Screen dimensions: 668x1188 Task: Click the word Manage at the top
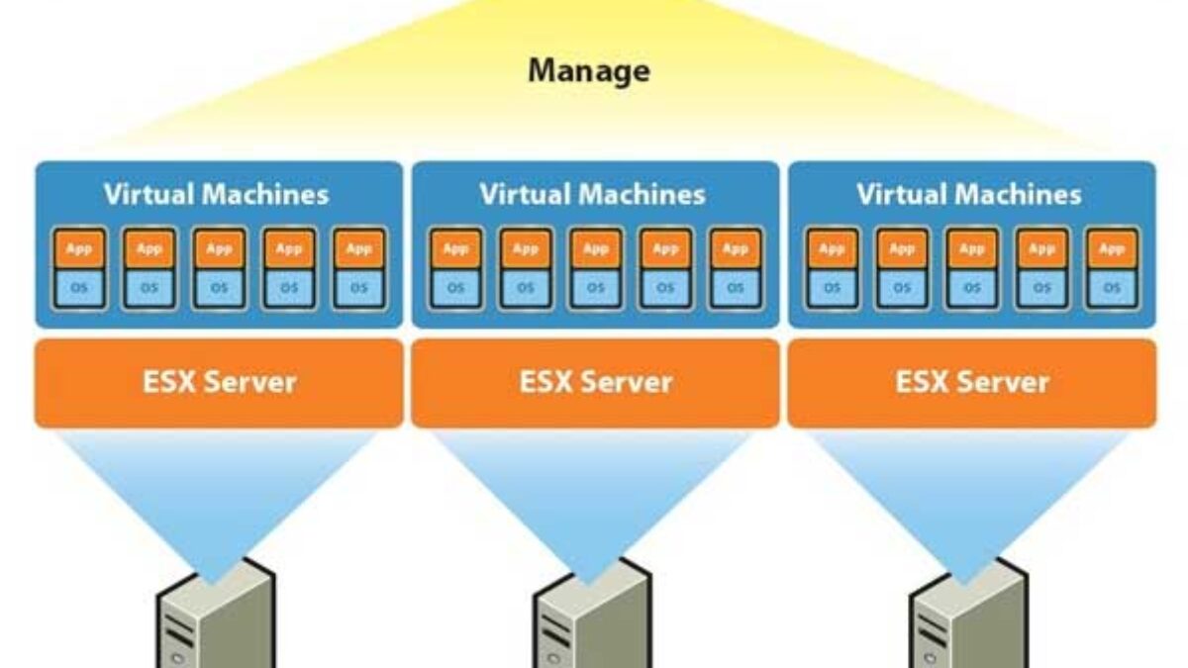tap(589, 71)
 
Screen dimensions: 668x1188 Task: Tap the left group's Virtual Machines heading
tap(216, 194)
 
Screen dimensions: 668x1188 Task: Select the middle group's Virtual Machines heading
tap(592, 194)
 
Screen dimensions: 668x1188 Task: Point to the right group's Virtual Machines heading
tap(969, 194)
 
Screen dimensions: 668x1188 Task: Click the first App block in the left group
tap(79, 249)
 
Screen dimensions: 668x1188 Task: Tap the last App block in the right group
tap(1112, 249)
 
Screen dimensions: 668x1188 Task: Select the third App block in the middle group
tap(596, 249)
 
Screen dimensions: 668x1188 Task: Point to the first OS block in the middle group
tap(456, 288)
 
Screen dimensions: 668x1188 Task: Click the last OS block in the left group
tap(358, 288)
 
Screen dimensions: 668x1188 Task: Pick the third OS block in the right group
tap(972, 288)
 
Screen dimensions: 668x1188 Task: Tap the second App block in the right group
tap(902, 249)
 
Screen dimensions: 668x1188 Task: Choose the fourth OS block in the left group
tap(289, 288)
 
